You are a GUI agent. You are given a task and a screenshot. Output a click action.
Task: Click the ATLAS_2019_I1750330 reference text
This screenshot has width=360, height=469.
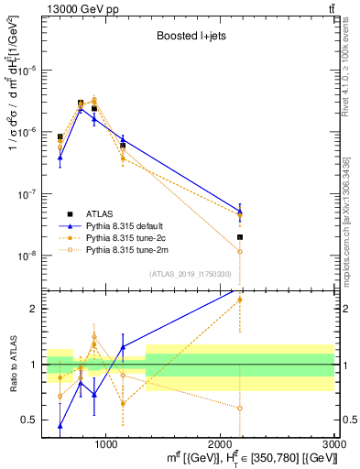point(189,273)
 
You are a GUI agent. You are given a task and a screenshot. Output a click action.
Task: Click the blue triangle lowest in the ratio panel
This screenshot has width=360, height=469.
point(60,425)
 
